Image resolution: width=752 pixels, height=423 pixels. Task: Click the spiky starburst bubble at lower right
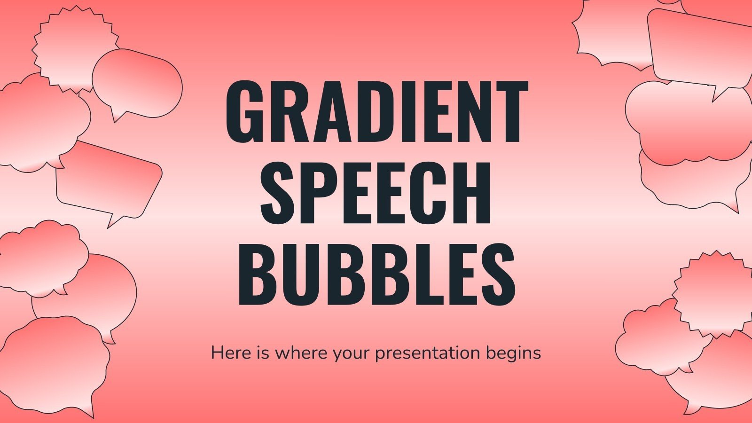point(714,294)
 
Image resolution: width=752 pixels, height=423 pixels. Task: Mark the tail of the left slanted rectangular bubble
point(113,220)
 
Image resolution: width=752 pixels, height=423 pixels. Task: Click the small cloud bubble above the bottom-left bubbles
point(45,256)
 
